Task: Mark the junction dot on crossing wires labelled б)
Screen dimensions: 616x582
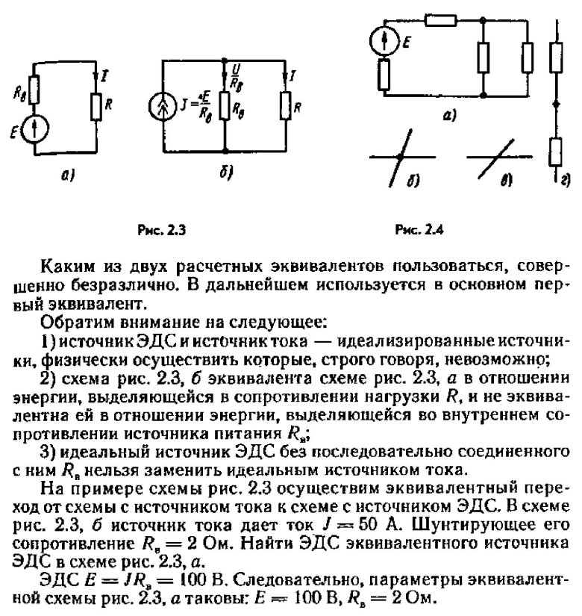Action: pos(401,158)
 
